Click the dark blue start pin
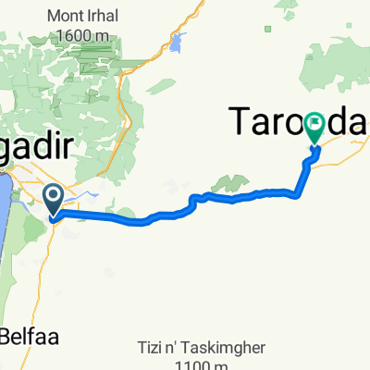[54, 199]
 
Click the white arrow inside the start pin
[54, 195]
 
